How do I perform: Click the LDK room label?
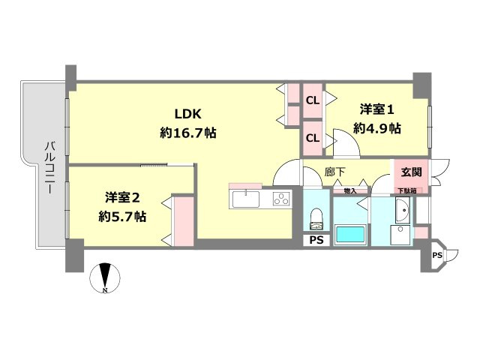(x=189, y=115)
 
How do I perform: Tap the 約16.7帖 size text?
(x=189, y=133)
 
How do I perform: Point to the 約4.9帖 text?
(x=377, y=128)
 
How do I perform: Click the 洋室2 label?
(x=122, y=198)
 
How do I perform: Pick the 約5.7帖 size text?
(x=122, y=217)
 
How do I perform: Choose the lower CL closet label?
(x=313, y=137)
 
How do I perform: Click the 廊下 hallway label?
(x=334, y=172)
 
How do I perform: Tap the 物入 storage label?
(x=349, y=191)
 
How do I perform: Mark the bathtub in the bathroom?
(x=350, y=234)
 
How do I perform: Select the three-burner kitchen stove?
(x=280, y=199)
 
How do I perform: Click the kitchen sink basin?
(x=245, y=199)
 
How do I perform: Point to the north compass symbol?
(x=105, y=277)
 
